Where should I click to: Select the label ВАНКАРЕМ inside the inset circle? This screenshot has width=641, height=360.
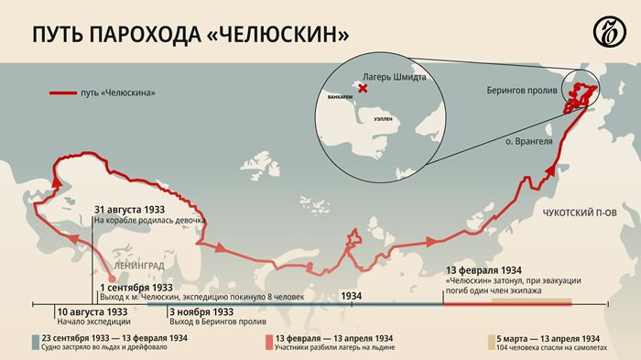pyautogui.click(x=332, y=94)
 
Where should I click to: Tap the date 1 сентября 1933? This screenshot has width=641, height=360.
pyautogui.click(x=136, y=287)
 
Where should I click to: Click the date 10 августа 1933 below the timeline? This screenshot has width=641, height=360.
pyautogui.click(x=92, y=311)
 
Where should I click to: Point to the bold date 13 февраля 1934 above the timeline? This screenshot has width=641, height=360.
pyautogui.click(x=484, y=271)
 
